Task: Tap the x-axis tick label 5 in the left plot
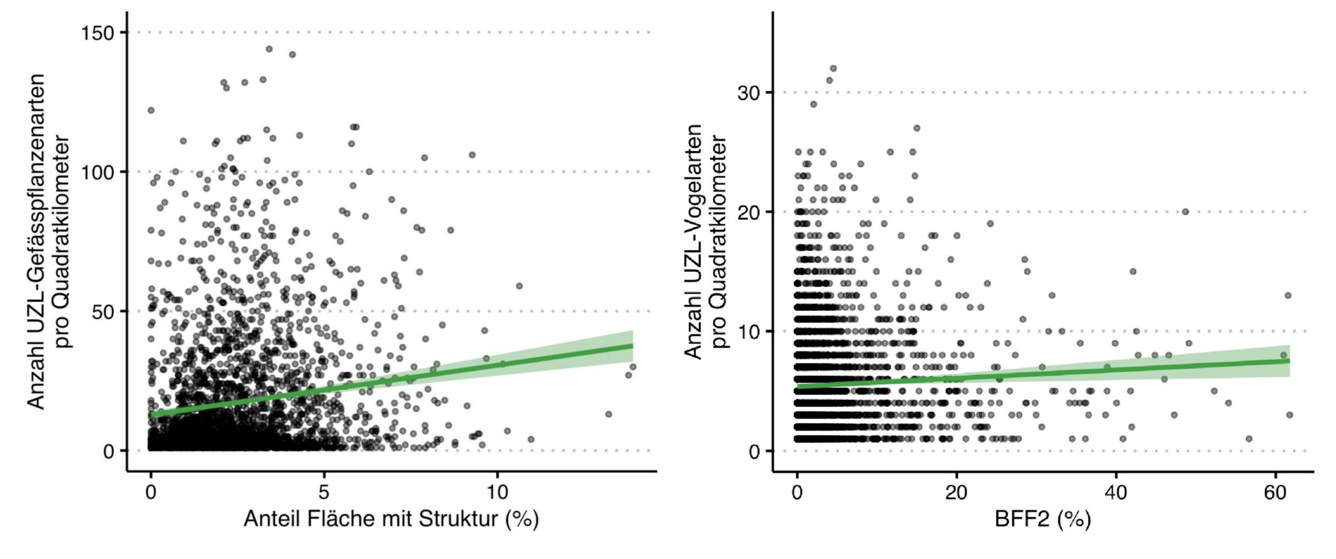tap(324, 492)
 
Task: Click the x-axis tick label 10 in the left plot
tap(497, 492)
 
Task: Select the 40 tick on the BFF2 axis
tap(1116, 492)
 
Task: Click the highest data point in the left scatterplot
tap(269, 49)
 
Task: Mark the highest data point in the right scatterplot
tap(833, 68)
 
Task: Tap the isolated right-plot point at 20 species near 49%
tap(1185, 212)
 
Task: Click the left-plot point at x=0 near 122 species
tap(151, 110)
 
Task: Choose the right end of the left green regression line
tap(632, 346)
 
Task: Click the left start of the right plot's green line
tap(797, 386)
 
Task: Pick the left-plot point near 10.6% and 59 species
tap(519, 286)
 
